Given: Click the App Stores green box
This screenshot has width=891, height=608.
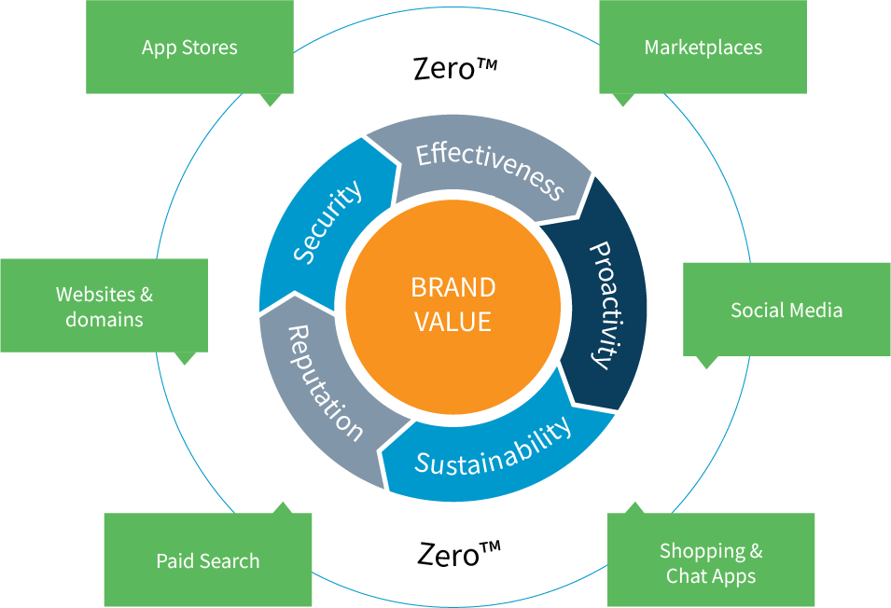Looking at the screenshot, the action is coord(189,48).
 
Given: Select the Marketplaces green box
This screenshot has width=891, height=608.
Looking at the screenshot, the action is coord(703,48).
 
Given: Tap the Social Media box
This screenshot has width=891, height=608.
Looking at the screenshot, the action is coord(787,310).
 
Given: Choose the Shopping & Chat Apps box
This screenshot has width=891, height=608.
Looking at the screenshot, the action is coord(711,560).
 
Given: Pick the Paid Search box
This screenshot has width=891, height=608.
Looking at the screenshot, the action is coord(208,560).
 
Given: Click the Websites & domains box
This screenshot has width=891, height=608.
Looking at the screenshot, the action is coord(104,306).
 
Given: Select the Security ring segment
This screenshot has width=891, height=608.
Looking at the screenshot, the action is coord(324,224).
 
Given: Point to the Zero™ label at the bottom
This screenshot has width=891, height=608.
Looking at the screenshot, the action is coord(459,554).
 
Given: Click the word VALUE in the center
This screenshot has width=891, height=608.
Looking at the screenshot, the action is coord(452,322).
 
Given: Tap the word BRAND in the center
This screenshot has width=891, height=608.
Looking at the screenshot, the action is coord(453,287).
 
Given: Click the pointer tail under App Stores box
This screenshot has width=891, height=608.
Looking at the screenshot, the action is coord(271,100).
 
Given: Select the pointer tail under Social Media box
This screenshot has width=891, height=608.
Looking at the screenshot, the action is coord(706,362).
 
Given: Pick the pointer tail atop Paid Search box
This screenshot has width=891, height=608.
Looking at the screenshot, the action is coord(283,508).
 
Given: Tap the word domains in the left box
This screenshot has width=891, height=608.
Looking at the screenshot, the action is coord(104,319).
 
